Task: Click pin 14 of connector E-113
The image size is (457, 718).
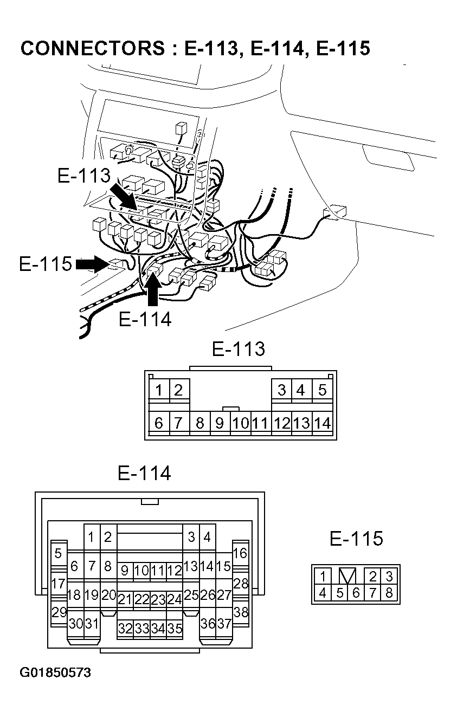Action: click(323, 423)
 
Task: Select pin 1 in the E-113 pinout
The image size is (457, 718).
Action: click(159, 390)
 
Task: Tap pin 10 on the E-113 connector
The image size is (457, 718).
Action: click(240, 423)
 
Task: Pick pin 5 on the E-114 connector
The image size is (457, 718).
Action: click(58, 553)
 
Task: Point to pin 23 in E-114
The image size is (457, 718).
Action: click(158, 599)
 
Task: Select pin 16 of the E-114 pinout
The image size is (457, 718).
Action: click(240, 553)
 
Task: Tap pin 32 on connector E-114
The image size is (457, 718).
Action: click(125, 629)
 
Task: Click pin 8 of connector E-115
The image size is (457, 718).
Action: click(389, 593)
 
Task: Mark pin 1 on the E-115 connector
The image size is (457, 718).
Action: click(323, 576)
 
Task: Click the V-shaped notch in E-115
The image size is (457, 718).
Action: click(347, 575)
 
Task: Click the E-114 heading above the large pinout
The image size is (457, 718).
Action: click(144, 473)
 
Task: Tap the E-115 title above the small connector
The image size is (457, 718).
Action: click(356, 538)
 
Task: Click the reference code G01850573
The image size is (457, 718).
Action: click(55, 672)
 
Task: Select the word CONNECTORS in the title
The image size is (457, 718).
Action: click(92, 48)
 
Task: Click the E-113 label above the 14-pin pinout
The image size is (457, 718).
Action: click(238, 348)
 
